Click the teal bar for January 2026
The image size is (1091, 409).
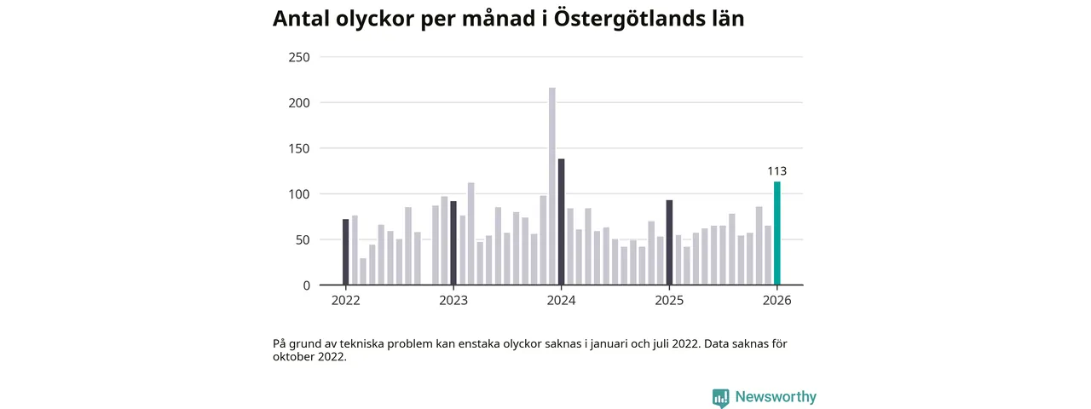777,233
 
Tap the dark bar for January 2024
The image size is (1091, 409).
561,222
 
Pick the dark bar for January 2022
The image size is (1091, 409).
345,252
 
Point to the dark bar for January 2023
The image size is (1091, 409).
453,243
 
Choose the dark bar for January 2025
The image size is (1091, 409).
669,243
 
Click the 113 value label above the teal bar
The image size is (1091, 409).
776,171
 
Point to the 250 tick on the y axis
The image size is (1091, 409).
298,57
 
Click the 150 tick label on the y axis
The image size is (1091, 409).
298,148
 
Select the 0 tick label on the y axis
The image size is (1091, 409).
306,285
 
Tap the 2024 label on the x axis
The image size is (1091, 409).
561,301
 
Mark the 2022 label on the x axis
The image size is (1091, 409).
345,301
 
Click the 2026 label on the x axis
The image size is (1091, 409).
776,301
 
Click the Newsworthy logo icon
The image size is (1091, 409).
721,397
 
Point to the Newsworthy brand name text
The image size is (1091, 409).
776,397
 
